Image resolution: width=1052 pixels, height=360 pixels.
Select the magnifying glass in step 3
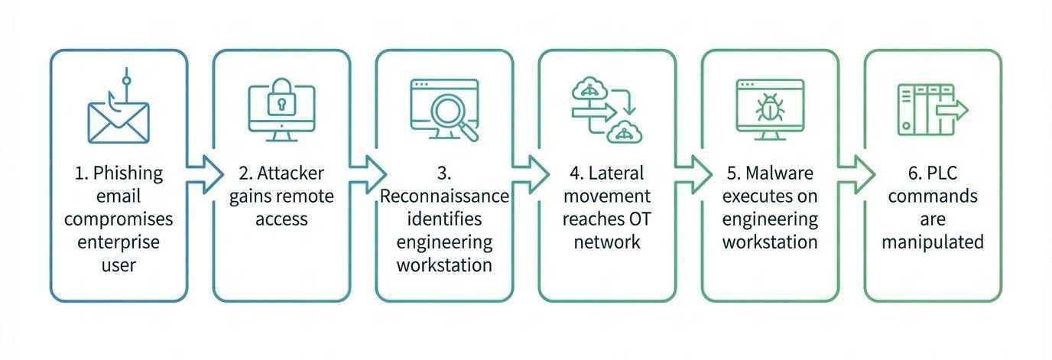coord(451,115)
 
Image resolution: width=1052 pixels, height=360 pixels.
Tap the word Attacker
coord(290,173)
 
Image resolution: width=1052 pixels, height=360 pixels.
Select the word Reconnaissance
coord(444,196)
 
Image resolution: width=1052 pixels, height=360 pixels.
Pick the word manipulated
coord(932,243)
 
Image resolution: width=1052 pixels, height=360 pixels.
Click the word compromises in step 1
coord(119,219)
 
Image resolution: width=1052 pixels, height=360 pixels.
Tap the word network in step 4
coord(606,243)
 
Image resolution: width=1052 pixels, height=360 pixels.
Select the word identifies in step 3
coord(444,219)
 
